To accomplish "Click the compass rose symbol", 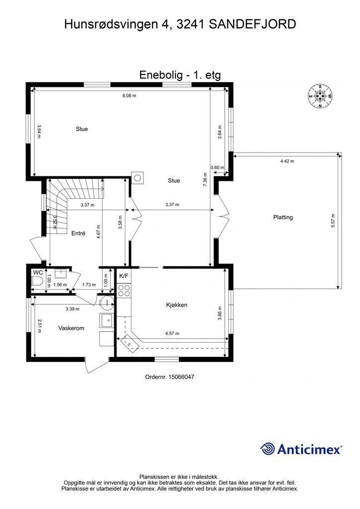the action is click(x=320, y=96).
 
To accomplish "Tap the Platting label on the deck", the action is click(x=283, y=217).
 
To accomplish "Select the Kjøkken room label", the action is click(x=177, y=305).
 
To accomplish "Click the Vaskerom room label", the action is click(x=71, y=328).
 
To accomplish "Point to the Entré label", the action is click(x=78, y=233).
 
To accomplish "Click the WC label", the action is click(x=38, y=273).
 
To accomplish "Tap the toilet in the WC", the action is click(x=38, y=281).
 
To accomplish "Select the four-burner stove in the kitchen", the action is click(x=124, y=290).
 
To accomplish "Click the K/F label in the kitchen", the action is click(x=124, y=276).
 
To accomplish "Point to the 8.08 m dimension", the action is click(x=129, y=95).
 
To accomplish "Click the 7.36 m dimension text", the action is click(x=205, y=179).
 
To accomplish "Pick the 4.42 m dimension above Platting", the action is click(x=287, y=161).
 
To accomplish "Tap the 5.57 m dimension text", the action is click(x=333, y=221).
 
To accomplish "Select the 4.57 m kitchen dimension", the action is click(x=172, y=333).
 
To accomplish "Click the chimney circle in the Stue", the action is click(x=138, y=178).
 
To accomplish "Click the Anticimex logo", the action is click(x=301, y=449).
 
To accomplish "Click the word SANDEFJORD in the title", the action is click(x=252, y=24).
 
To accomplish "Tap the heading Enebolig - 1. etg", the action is click(x=180, y=75).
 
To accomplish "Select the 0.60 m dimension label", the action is click(x=217, y=168).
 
